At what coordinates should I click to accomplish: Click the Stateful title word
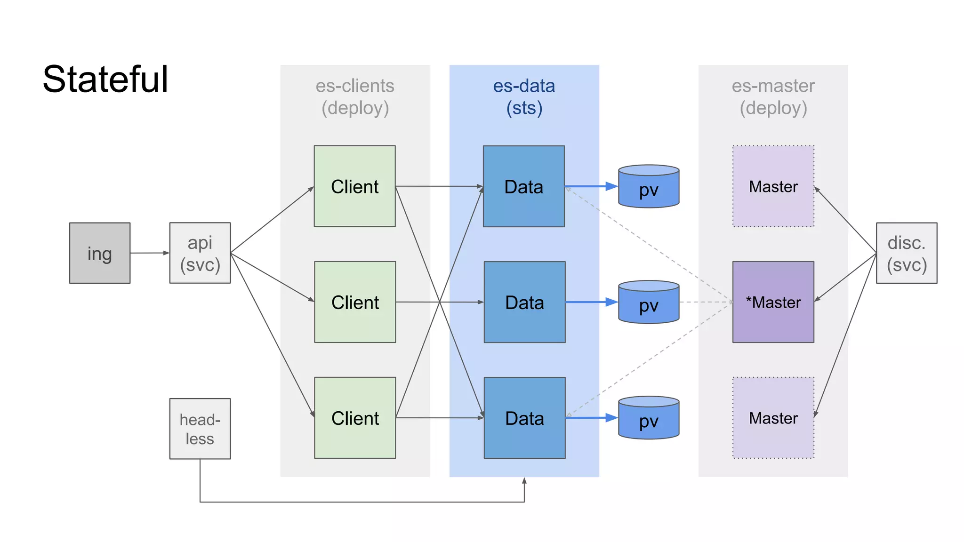105,79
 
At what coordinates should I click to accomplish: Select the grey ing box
100,253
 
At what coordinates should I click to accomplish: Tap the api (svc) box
200,253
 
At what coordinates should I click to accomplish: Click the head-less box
200,429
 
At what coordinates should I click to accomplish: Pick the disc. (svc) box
907,253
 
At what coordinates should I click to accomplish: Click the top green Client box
354,186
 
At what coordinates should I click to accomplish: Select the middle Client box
355,302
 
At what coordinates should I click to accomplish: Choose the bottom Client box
355,418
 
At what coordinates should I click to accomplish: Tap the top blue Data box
524,186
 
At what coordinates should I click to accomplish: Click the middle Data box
524,302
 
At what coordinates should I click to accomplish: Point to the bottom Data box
524,418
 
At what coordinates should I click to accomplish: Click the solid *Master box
773,302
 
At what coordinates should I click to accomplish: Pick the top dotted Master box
773,186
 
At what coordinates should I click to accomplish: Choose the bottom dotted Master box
773,418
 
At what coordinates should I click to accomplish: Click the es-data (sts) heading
524,97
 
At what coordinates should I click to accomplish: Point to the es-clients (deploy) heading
355,97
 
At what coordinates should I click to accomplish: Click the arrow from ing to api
150,253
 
